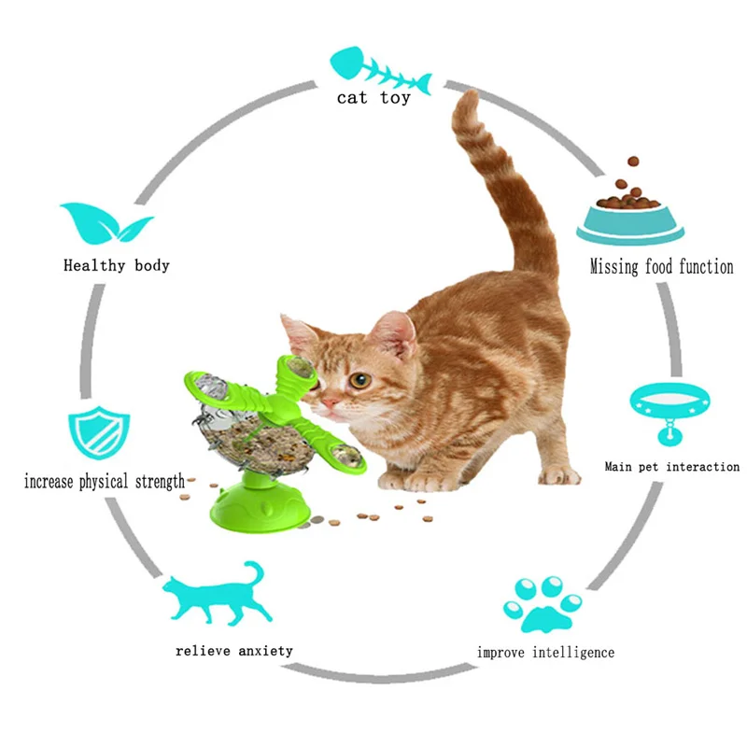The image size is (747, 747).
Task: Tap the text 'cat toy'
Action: click(x=373, y=97)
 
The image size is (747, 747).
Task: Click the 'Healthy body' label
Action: click(x=117, y=265)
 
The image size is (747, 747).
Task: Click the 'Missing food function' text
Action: click(x=661, y=267)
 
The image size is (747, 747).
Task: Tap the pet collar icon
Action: click(x=670, y=408)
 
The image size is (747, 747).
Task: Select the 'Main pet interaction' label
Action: click(x=671, y=466)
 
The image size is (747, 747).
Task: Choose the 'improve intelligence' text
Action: click(x=546, y=652)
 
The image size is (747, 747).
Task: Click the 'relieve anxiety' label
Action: click(x=233, y=650)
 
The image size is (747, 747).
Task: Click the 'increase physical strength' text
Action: click(x=105, y=483)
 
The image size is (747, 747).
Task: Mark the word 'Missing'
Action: click(x=613, y=267)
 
